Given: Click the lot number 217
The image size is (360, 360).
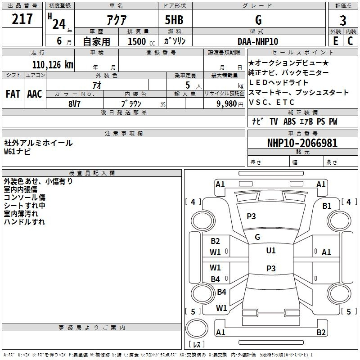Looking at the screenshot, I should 22,19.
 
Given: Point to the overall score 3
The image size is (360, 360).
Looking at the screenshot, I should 343,20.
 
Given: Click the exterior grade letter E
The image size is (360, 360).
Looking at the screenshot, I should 335,40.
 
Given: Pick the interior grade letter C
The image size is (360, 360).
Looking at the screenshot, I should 350,40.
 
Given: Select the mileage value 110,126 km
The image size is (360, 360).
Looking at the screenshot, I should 52,64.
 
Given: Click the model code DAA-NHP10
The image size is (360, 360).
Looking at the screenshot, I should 258,41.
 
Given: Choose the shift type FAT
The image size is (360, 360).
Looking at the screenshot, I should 13,94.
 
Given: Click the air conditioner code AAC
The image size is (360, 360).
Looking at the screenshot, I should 34,94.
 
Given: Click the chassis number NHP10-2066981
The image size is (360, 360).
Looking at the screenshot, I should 302,143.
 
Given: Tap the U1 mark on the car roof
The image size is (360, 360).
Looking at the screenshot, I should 271,250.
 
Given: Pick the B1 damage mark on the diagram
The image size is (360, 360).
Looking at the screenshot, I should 327,206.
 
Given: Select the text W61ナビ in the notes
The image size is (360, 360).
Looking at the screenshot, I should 18,151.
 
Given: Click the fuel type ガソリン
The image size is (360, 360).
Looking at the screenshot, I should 175,41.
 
